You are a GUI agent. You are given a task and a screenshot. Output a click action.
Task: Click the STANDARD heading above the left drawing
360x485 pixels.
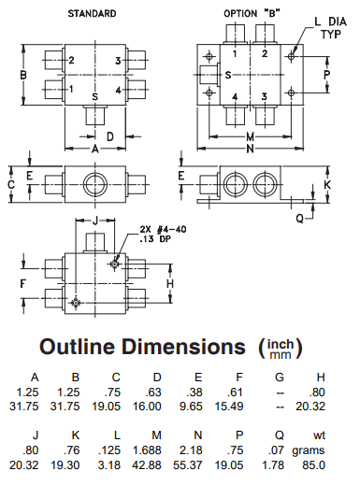[x=91, y=13]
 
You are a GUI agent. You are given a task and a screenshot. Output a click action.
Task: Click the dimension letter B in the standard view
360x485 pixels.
[x=23, y=75]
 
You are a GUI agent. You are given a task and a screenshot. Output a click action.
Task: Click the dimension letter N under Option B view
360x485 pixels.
[x=252, y=148]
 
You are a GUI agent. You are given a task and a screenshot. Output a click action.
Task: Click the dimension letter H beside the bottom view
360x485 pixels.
[x=170, y=281]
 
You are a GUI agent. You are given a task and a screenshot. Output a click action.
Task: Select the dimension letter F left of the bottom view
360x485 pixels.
[x=24, y=281]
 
